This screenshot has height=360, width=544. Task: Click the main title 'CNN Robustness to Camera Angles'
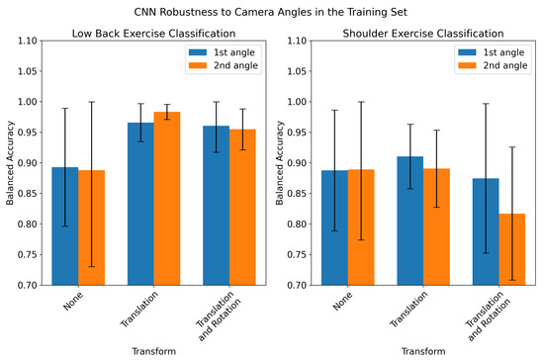(x=272, y=11)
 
